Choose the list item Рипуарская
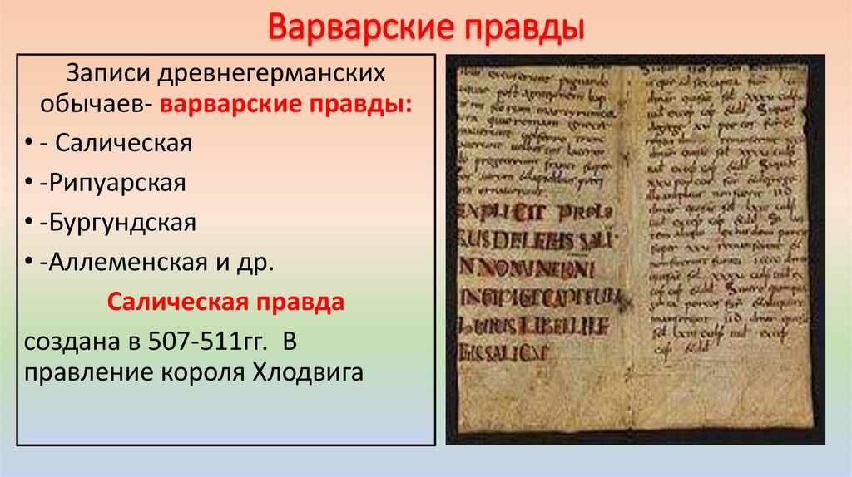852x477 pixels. point(116,183)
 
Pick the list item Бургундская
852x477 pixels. point(121,223)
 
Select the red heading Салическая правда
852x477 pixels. point(225,302)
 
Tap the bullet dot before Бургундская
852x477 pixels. point(30,224)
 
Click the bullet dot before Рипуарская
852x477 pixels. point(30,184)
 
